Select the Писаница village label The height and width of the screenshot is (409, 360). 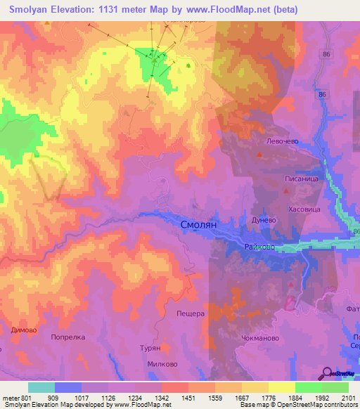[302, 180]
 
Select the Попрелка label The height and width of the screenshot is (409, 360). [68, 337]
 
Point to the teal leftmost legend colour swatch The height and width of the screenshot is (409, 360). [41, 387]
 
